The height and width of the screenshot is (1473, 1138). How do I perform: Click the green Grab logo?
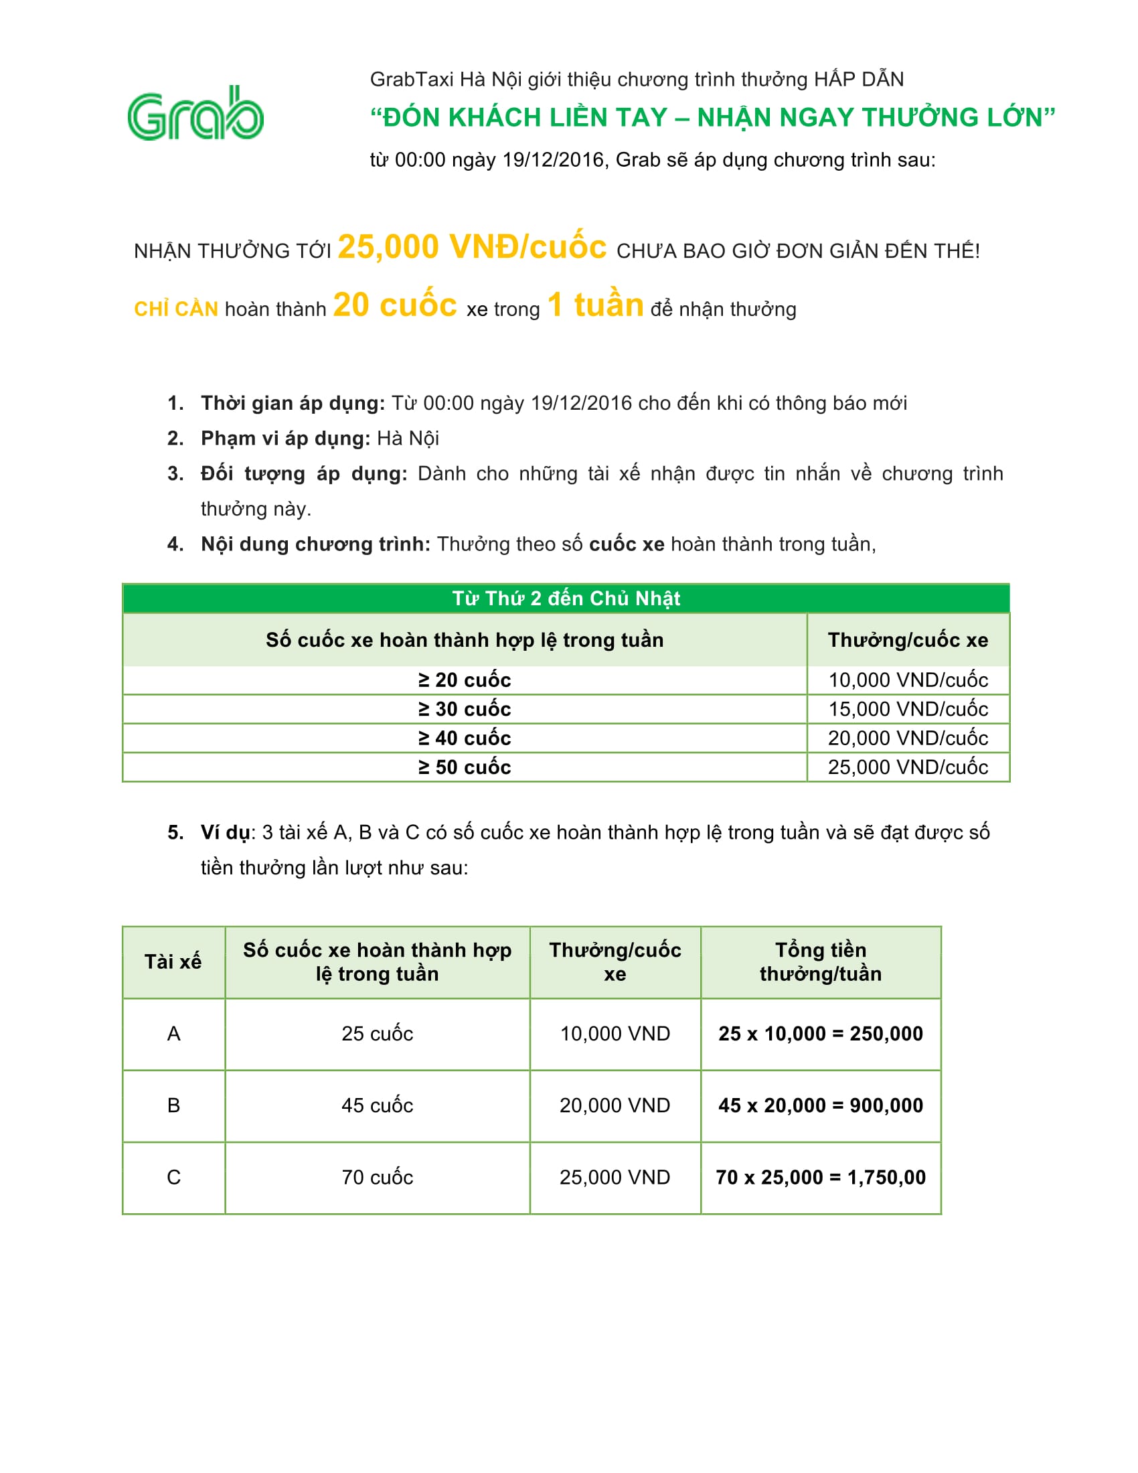[195, 114]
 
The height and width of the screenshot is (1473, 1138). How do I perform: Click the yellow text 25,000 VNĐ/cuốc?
[472, 247]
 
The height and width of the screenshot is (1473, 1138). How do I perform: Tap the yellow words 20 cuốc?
[395, 305]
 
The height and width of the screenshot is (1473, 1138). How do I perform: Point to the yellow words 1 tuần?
[595, 305]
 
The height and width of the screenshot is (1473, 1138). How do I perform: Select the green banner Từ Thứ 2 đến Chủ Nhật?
[566, 598]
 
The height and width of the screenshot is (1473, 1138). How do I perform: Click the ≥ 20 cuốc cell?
[465, 680]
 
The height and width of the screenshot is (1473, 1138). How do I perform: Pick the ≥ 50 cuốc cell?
[465, 767]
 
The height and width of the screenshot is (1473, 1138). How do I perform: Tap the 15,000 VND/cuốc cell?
[908, 709]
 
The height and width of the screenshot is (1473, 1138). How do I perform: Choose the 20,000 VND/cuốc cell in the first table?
[908, 738]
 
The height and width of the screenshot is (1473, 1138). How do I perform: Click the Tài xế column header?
[173, 961]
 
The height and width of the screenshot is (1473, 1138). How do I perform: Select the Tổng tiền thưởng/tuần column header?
[821, 961]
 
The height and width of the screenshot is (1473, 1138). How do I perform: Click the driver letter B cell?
[173, 1105]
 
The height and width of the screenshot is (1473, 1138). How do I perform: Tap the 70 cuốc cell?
[377, 1177]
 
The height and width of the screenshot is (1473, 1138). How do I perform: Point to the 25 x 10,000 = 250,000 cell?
[821, 1033]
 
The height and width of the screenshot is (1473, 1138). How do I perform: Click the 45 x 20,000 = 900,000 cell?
[821, 1105]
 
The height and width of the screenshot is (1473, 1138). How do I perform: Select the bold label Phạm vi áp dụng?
[285, 439]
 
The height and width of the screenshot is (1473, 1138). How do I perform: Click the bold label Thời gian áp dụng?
[293, 403]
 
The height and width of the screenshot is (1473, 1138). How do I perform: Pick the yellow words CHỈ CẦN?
[176, 309]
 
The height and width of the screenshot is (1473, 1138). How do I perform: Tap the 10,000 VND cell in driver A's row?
[615, 1033]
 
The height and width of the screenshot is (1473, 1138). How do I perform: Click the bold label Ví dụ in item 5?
[225, 832]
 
